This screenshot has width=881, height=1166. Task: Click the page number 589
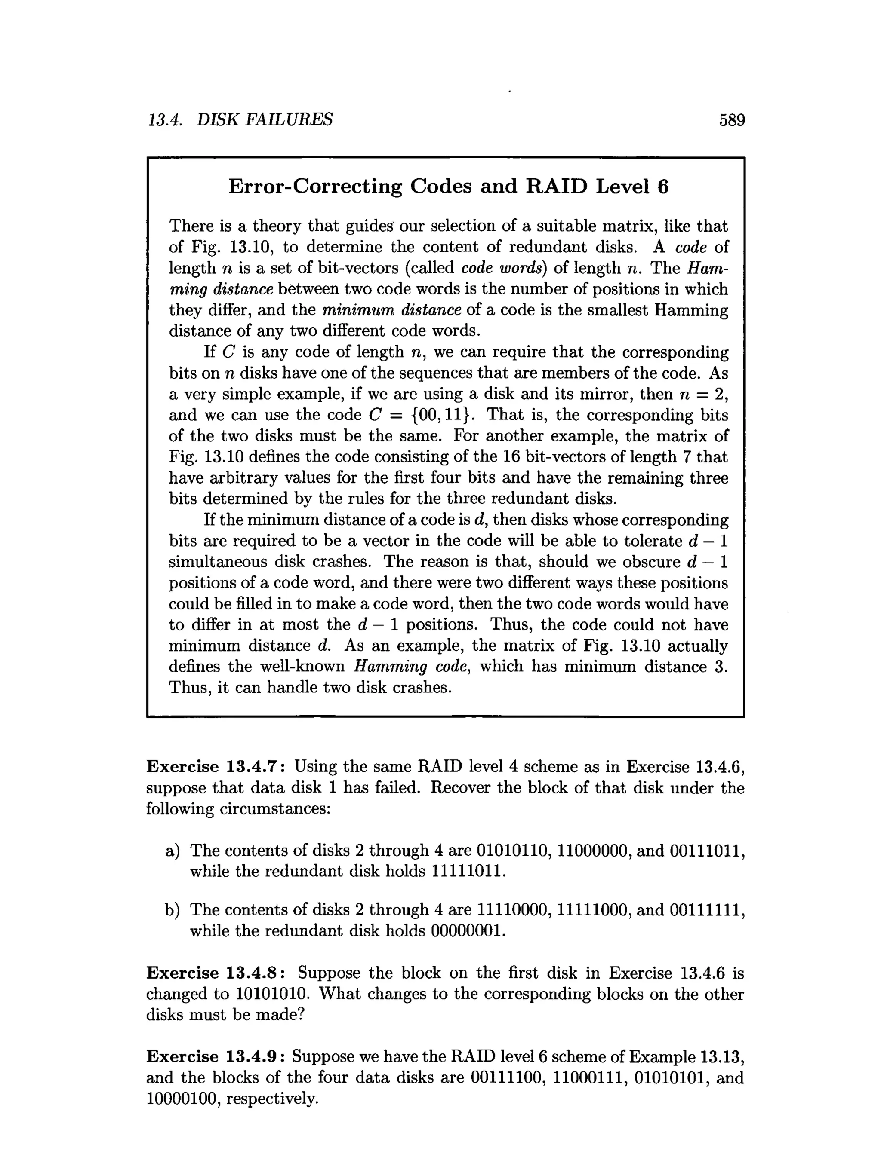pos(732,121)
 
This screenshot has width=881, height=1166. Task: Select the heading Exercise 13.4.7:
pos(217,766)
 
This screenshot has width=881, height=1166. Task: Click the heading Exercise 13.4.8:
pos(217,973)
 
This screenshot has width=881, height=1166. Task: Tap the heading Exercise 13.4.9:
pos(217,1056)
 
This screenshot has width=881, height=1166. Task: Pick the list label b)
pos(173,910)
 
